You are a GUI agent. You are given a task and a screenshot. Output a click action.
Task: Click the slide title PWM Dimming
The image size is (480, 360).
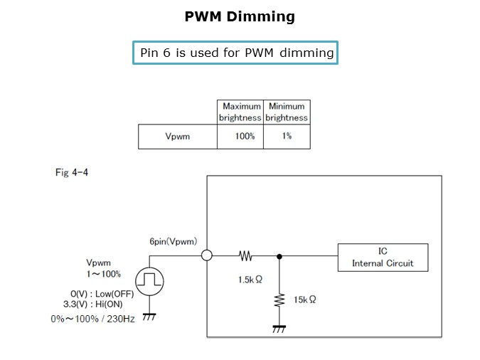click(x=240, y=16)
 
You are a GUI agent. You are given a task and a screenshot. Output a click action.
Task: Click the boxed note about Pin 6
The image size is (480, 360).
click(x=235, y=53)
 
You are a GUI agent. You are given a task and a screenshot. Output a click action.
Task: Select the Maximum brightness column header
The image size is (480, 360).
click(x=240, y=112)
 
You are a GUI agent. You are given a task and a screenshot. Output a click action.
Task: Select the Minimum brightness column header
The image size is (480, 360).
click(x=287, y=112)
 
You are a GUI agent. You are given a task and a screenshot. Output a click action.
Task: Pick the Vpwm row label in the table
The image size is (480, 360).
click(x=178, y=136)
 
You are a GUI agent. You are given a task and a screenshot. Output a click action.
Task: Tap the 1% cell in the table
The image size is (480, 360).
click(x=287, y=136)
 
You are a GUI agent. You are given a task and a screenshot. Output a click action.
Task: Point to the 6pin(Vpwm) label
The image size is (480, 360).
click(x=173, y=242)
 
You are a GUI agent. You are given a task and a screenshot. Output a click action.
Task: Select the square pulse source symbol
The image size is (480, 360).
click(x=150, y=280)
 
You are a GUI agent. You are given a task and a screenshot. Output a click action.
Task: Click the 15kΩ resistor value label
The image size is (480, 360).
click(x=304, y=300)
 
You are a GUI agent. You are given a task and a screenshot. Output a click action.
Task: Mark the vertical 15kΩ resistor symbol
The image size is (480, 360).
click(x=279, y=300)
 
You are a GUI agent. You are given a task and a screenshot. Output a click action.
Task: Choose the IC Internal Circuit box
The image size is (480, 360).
click(x=383, y=257)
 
